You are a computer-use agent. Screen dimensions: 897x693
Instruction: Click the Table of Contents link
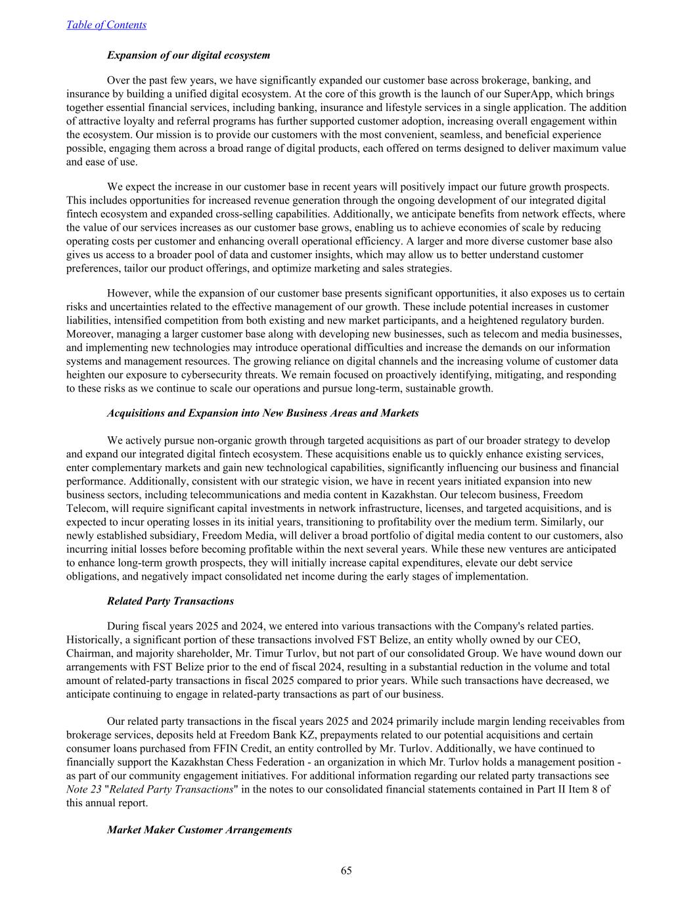coord(106,25)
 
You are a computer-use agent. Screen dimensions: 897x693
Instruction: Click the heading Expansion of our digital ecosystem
coord(189,55)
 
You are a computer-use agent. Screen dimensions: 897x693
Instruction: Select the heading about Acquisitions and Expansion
coord(262,413)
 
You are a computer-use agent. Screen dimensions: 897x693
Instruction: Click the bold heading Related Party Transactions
coord(170,601)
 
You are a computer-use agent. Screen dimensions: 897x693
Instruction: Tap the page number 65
coord(346,871)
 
